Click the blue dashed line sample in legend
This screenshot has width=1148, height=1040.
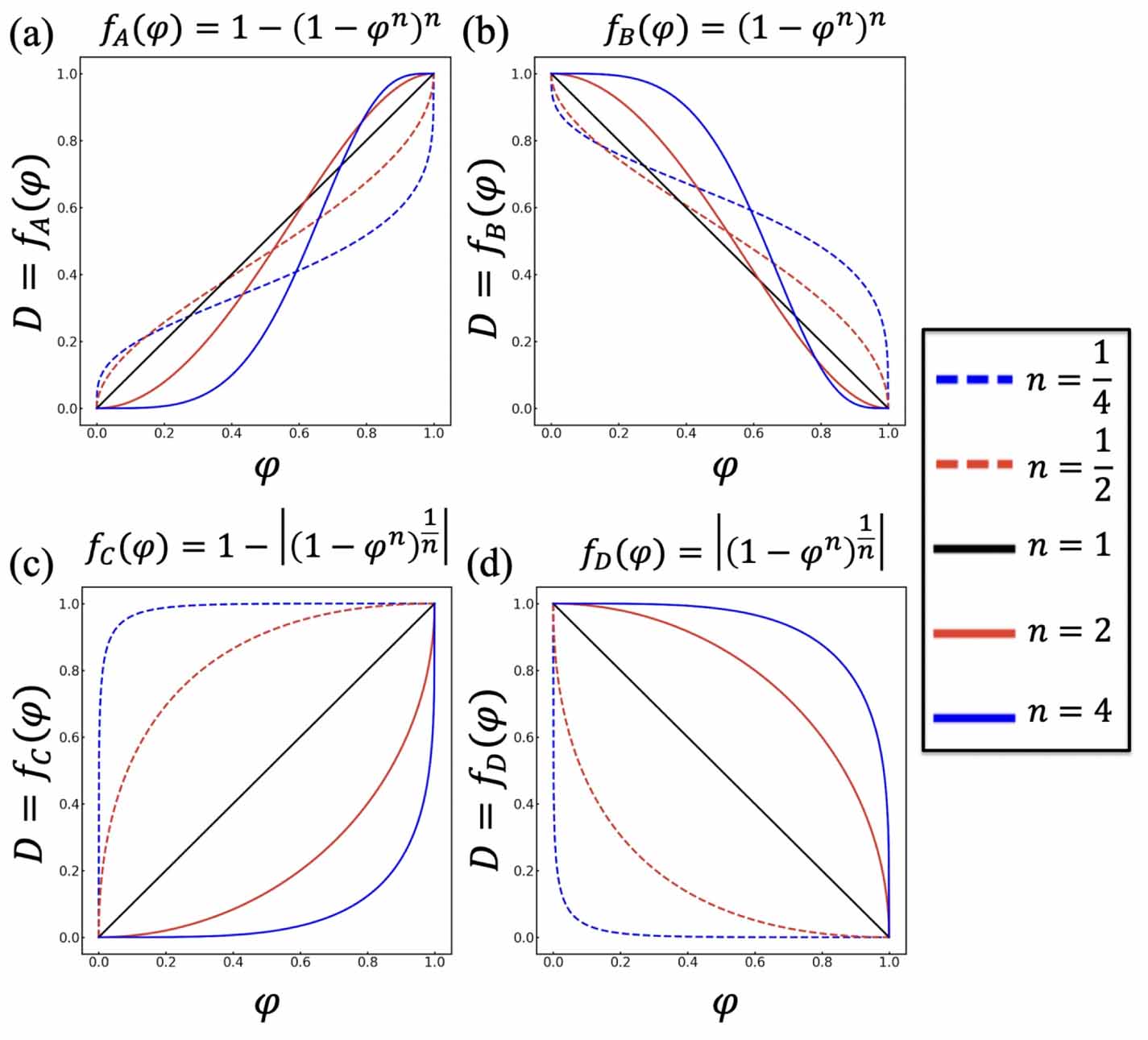[x=973, y=379]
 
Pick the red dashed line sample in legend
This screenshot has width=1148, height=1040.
[x=973, y=464]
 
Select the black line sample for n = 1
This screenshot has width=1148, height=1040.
[x=973, y=549]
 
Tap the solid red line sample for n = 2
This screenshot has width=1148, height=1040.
[x=973, y=633]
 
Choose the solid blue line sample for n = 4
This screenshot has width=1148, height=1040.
[x=973, y=717]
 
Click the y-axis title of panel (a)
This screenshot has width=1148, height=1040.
[x=32, y=242]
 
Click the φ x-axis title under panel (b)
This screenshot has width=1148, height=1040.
[x=724, y=468]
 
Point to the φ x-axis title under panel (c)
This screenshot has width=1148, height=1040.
[x=267, y=1004]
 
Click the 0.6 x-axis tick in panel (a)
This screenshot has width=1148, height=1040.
[x=299, y=433]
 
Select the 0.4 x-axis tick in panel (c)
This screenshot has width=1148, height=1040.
[x=233, y=962]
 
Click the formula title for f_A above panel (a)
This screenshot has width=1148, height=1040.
[x=270, y=32]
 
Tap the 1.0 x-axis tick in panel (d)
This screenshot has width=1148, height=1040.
[x=889, y=962]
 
